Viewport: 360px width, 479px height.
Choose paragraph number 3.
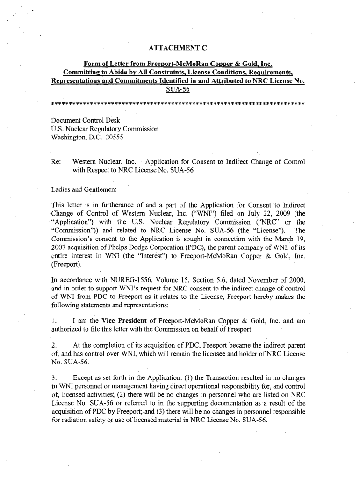point(54,377)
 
